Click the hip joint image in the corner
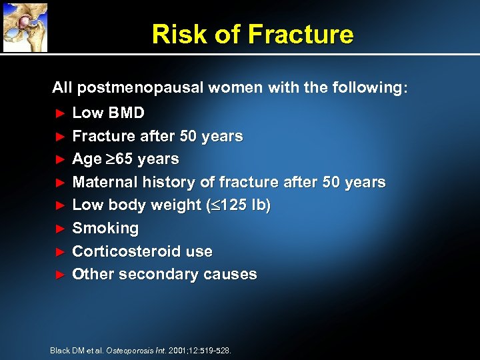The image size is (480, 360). pos(25,26)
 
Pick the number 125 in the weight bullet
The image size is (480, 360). pos(235,205)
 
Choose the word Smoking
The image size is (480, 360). pos(105,229)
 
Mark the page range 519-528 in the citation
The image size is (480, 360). pos(215,350)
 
